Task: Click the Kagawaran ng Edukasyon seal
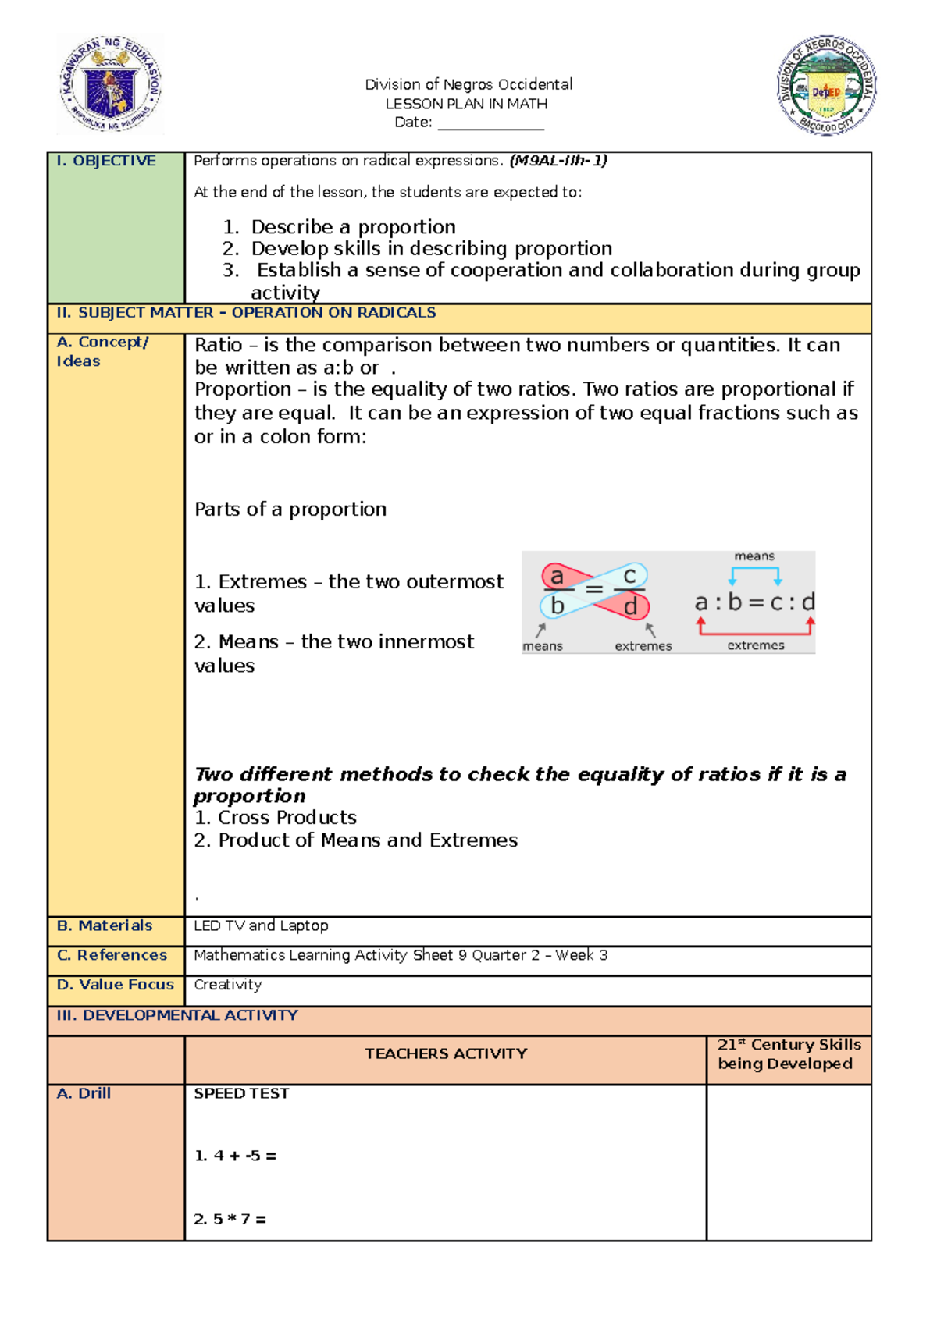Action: [110, 84]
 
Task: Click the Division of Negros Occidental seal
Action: [827, 85]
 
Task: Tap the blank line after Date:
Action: [490, 125]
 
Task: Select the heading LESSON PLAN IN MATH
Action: [466, 104]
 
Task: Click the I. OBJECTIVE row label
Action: [106, 161]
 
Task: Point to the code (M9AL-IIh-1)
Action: [558, 161]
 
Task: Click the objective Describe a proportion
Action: [353, 227]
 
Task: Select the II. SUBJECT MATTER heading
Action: [246, 313]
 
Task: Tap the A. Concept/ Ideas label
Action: [102, 351]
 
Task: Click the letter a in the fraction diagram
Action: [557, 577]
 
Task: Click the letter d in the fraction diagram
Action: [631, 606]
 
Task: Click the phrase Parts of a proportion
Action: [290, 510]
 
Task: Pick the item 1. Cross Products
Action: [276, 818]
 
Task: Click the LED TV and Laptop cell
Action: [261, 925]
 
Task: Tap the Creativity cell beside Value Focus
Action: [228, 985]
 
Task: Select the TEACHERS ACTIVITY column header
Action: [446, 1054]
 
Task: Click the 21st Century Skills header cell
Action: [789, 1054]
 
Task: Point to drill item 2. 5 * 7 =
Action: [230, 1219]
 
